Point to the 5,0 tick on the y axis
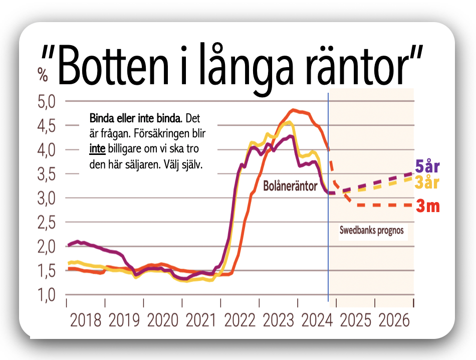pyautogui.click(x=48, y=102)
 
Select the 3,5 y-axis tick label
pyautogui.click(x=48, y=174)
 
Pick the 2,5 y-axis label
pyautogui.click(x=48, y=222)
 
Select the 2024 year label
pyautogui.click(x=317, y=319)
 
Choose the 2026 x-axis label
pyautogui.click(x=394, y=319)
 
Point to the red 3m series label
pyautogui.click(x=428, y=206)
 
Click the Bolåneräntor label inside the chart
pyautogui.click(x=290, y=187)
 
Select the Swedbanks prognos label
pyautogui.click(x=371, y=232)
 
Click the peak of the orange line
pyautogui.click(x=294, y=109)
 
